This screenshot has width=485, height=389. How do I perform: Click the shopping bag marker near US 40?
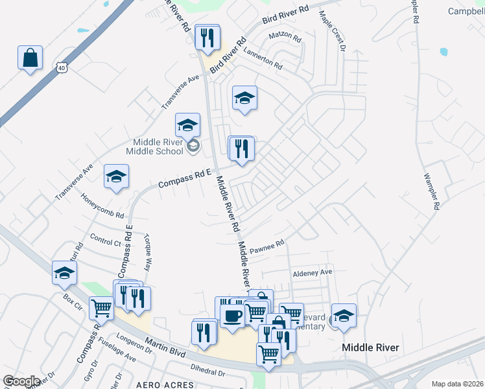point(30,58)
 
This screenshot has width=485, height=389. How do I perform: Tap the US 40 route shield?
point(61,67)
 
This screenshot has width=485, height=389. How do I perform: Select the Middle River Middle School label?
point(158,147)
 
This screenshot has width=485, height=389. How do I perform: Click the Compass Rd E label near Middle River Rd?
point(185,178)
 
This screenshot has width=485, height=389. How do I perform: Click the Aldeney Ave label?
point(311,272)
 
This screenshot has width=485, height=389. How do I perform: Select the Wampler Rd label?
point(431,191)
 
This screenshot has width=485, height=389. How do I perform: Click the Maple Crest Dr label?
point(331,29)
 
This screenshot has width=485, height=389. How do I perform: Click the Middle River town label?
point(370,348)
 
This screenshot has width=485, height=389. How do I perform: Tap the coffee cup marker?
point(232,316)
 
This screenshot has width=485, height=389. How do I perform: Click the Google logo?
point(21,381)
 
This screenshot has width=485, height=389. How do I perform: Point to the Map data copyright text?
point(456,384)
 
